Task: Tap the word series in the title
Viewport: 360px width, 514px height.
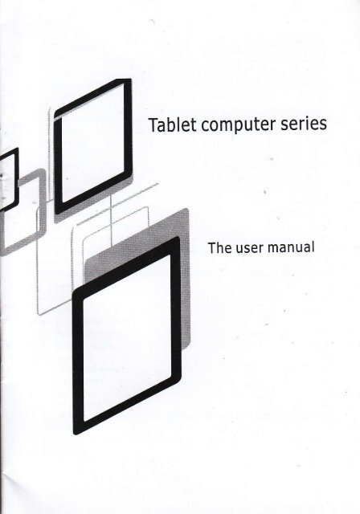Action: coord(304,123)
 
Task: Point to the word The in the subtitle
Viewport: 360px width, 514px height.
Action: coord(219,248)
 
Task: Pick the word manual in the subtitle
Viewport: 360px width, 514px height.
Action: coord(291,247)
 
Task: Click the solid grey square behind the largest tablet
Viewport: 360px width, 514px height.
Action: coord(186,279)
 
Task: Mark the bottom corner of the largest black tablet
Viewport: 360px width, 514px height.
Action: coord(76,434)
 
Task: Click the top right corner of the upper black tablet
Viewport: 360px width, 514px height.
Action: coord(130,80)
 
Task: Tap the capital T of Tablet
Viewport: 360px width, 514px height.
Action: coord(153,124)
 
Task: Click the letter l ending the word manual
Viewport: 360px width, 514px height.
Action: coord(313,247)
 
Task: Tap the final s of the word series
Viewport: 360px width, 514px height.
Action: coord(323,124)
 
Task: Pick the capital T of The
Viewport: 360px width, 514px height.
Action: coord(212,248)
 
